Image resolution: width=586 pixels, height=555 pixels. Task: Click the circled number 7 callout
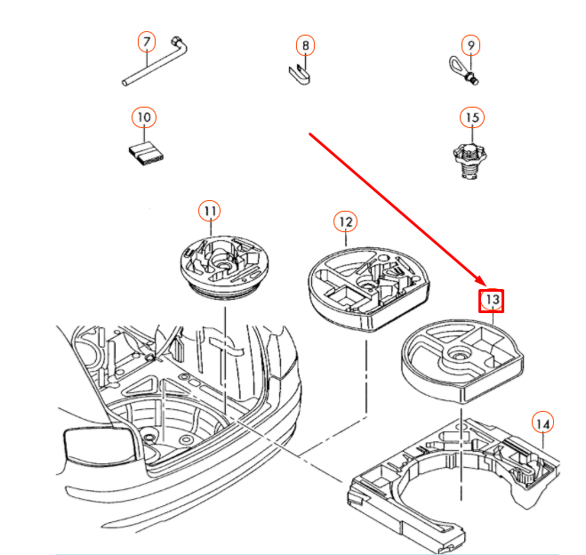(x=147, y=42)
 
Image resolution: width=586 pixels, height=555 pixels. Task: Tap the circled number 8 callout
(x=305, y=45)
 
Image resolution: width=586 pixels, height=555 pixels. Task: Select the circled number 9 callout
(x=470, y=45)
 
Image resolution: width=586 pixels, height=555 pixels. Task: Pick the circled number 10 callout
(x=144, y=117)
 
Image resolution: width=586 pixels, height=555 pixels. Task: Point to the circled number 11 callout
(x=210, y=211)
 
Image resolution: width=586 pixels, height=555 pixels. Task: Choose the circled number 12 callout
(x=345, y=222)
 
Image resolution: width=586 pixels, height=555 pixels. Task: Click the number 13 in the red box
(x=492, y=300)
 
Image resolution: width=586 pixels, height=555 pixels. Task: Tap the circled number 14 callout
(x=542, y=422)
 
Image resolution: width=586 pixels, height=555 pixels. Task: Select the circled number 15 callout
(x=472, y=117)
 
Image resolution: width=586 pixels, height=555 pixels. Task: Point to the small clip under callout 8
(x=300, y=75)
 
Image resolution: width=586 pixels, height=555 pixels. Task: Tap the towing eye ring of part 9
(x=456, y=66)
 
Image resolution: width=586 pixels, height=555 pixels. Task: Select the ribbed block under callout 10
(x=146, y=153)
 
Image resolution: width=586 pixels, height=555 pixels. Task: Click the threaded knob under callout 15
(x=470, y=159)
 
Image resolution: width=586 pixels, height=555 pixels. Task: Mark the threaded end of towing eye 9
(x=473, y=79)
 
